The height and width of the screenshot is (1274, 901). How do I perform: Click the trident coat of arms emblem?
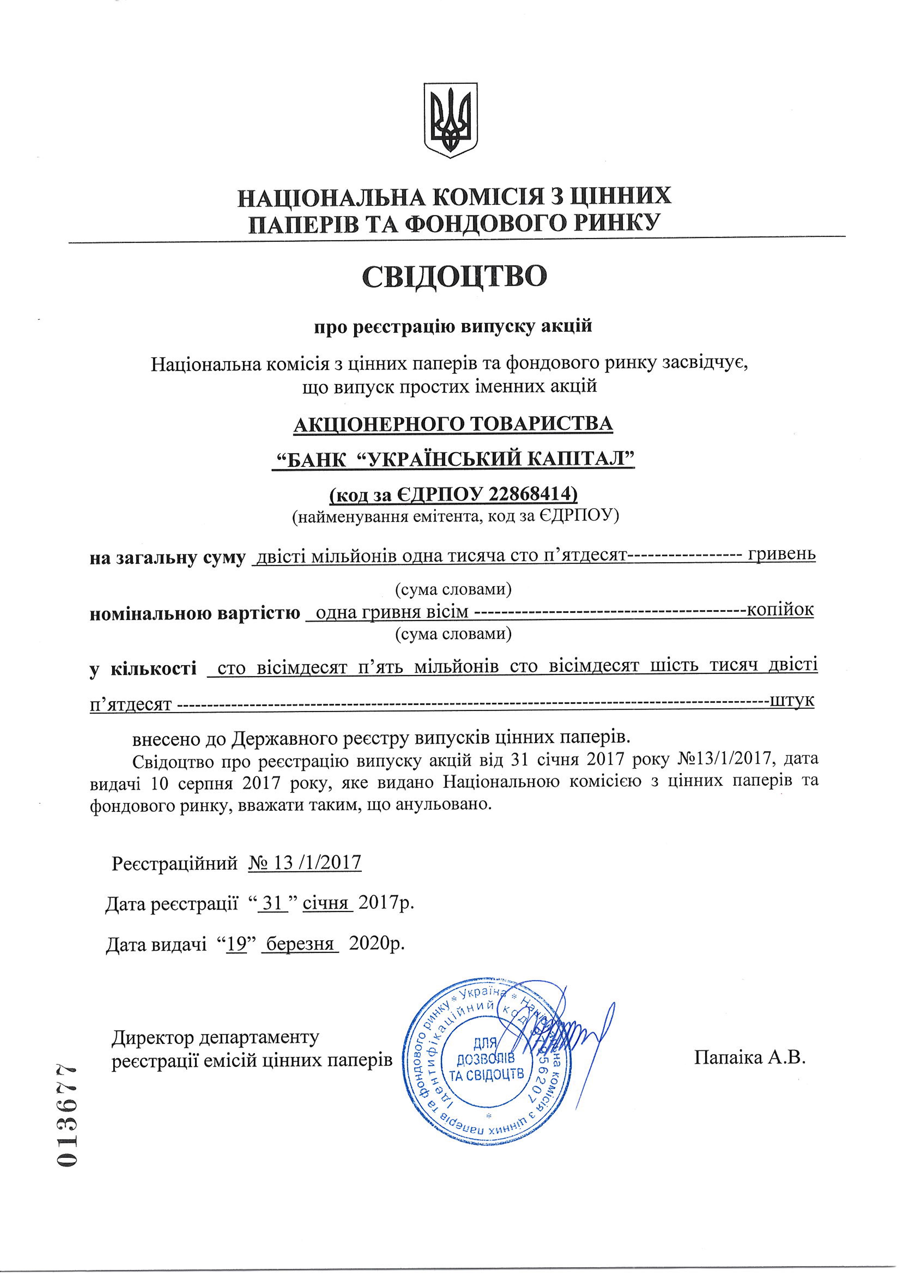(450, 120)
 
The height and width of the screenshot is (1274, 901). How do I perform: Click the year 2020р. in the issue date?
(376, 943)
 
